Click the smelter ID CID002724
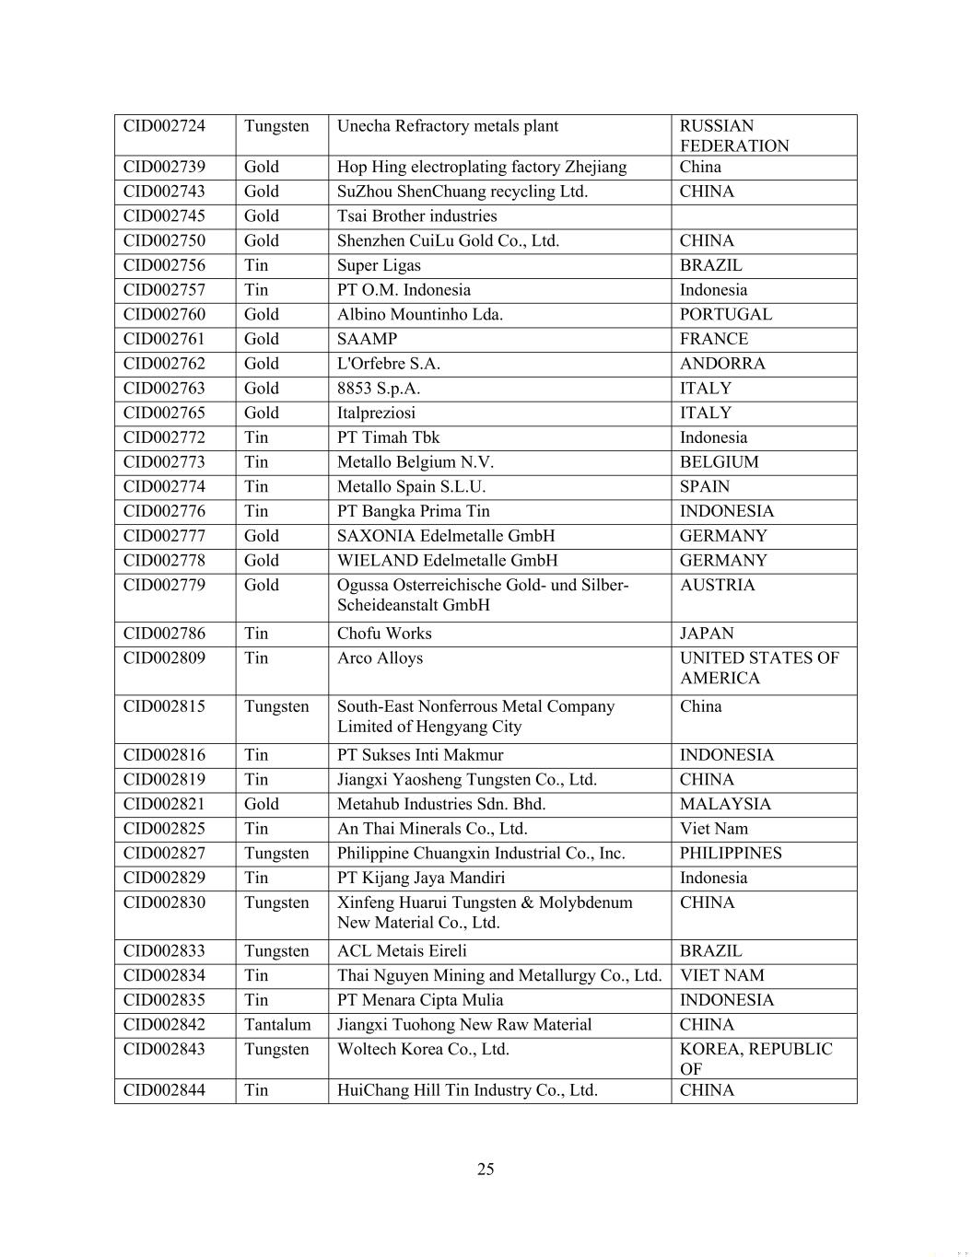tap(165, 126)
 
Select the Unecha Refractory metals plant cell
tap(448, 126)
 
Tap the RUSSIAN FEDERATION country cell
tap(734, 136)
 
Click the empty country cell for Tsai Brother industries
tap(764, 216)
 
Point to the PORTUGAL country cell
tap(725, 315)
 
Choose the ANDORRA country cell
tap(722, 364)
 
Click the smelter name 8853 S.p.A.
tap(379, 389)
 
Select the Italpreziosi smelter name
tap(376, 413)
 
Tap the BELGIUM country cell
tap(719, 462)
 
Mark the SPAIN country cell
tap(704, 487)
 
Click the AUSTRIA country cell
tap(717, 586)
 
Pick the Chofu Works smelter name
tap(384, 634)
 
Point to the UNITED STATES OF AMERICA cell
tap(759, 668)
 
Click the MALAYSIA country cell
tap(725, 804)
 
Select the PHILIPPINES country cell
tap(731, 854)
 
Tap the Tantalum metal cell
tap(277, 1025)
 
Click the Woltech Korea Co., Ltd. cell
tap(423, 1050)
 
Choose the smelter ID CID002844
tap(165, 1090)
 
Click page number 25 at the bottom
tap(486, 1170)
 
